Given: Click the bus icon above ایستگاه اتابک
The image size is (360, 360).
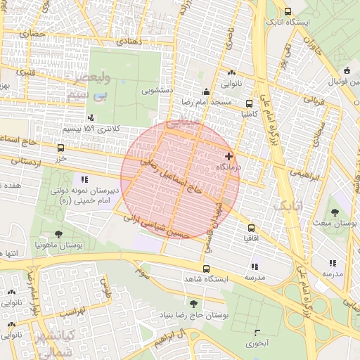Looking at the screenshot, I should coord(288,11).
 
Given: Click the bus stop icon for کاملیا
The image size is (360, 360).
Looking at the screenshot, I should coord(250,103).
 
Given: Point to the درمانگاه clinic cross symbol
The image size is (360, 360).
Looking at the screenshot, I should coord(229,155).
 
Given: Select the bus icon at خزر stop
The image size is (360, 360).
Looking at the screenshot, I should coord(60,148).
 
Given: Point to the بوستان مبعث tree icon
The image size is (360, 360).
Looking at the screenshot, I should coord(334,212).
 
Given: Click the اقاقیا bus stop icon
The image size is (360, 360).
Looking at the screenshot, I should coord(251,228).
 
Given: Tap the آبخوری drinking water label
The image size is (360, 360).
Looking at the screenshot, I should coord(257,344).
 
